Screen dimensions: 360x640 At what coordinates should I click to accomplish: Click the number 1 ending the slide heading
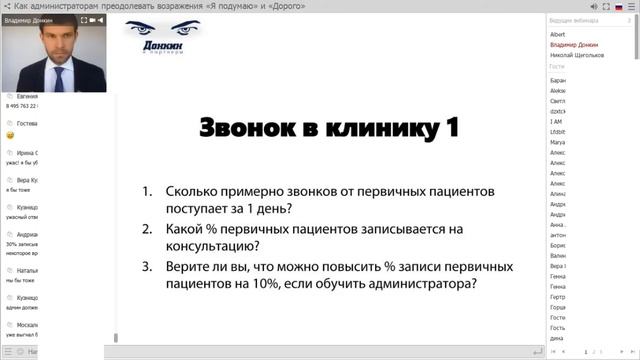pyautogui.click(x=452, y=130)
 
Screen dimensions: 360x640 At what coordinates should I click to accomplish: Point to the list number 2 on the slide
pyautogui.click(x=147, y=229)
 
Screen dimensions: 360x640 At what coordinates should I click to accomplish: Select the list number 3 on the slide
pyautogui.click(x=147, y=267)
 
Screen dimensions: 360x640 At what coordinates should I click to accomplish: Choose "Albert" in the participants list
pyautogui.click(x=558, y=33)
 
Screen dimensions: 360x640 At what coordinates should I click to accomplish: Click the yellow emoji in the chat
pyautogui.click(x=9, y=134)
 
